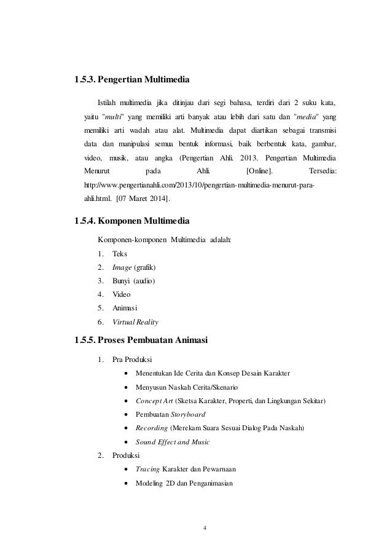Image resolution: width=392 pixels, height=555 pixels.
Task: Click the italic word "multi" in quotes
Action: click(x=112, y=116)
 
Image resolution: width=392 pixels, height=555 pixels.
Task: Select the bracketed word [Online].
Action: click(x=259, y=171)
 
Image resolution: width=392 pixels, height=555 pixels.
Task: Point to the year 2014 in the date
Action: click(x=160, y=199)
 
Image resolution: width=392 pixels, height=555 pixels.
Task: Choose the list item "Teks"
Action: click(x=120, y=254)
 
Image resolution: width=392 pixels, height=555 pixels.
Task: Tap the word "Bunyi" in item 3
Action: click(x=122, y=281)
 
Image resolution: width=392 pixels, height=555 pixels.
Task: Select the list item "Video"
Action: click(x=122, y=294)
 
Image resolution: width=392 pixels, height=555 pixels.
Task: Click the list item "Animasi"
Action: click(x=125, y=307)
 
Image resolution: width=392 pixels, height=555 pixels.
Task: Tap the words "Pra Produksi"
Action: click(x=132, y=360)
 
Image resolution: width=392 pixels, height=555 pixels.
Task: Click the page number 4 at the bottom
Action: click(x=204, y=527)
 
